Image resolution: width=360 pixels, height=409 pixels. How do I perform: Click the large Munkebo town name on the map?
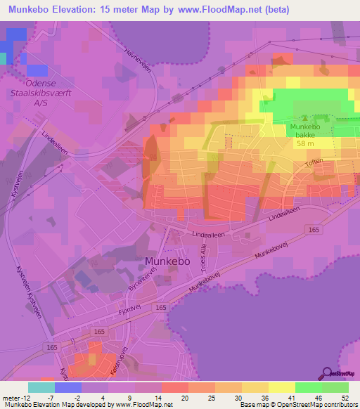(167, 261)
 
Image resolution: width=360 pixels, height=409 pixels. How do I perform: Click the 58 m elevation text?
(305, 143)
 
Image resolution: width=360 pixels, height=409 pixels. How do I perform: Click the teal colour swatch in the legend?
(41, 387)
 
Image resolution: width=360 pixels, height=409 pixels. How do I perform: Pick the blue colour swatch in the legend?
(67, 387)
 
